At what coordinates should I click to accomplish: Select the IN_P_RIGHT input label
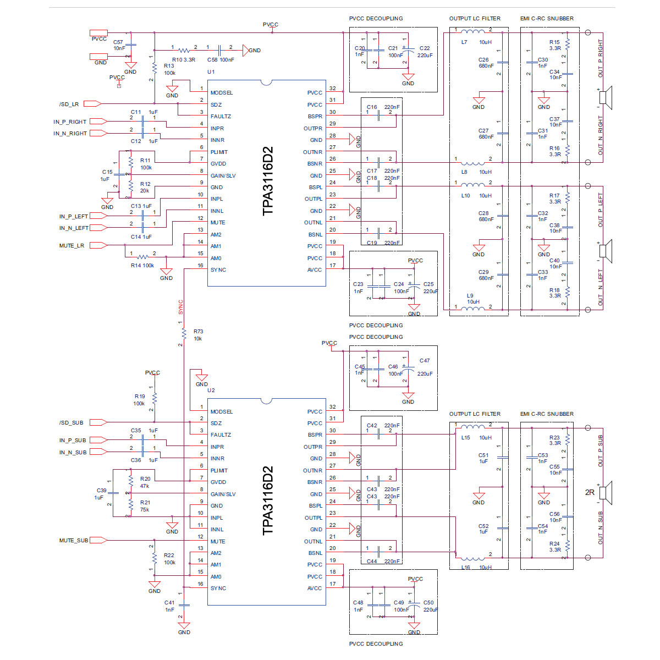(x=70, y=122)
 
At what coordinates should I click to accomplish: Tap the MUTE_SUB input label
(x=74, y=541)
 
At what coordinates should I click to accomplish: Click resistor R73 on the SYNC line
(x=184, y=333)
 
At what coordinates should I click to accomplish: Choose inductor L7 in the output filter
(x=472, y=31)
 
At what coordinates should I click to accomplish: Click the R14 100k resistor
(x=143, y=257)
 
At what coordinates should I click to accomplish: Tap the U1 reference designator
(x=211, y=72)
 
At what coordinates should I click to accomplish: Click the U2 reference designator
(x=211, y=391)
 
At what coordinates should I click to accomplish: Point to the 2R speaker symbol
(x=604, y=492)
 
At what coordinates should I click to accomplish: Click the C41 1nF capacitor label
(x=169, y=606)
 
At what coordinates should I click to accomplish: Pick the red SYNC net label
(x=180, y=307)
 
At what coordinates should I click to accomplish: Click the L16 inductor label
(x=466, y=568)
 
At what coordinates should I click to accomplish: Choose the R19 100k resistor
(x=155, y=398)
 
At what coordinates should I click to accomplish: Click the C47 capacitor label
(x=424, y=361)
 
